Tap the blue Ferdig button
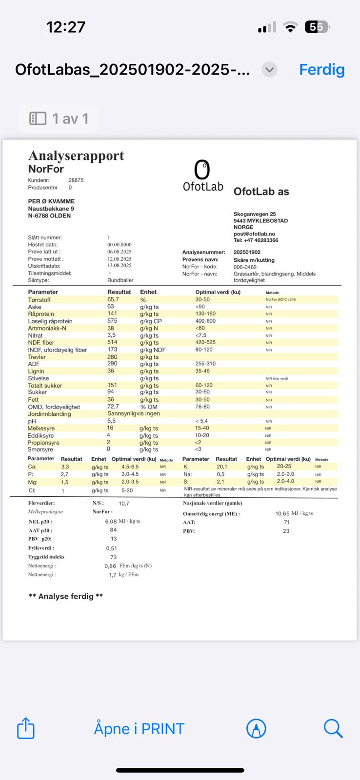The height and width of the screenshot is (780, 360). click(x=321, y=70)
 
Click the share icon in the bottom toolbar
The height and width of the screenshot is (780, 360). click(x=26, y=728)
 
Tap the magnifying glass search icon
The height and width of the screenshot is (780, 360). click(x=333, y=728)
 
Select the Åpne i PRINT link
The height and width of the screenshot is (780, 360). click(x=139, y=729)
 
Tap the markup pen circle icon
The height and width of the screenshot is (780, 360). click(x=256, y=729)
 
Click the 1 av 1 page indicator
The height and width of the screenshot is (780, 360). click(x=59, y=118)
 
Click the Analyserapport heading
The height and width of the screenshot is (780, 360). click(x=76, y=156)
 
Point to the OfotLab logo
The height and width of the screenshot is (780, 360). click(x=203, y=176)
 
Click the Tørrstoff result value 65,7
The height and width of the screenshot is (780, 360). click(x=113, y=299)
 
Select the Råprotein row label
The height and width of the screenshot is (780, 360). click(x=41, y=314)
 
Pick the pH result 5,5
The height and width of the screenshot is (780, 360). click(x=111, y=421)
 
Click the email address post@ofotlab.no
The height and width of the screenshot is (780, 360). click(x=254, y=234)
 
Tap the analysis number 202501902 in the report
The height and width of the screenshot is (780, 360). click(x=247, y=253)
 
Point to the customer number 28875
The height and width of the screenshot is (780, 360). click(x=76, y=180)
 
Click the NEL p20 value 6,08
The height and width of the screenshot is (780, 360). click(x=111, y=522)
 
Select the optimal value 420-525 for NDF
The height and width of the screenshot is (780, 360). click(x=205, y=342)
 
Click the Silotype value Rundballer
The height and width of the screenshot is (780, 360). click(x=120, y=280)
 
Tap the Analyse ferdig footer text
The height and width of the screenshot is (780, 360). click(x=66, y=596)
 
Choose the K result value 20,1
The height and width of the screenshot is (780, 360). click(x=222, y=467)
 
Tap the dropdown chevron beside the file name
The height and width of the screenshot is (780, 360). click(x=269, y=70)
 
